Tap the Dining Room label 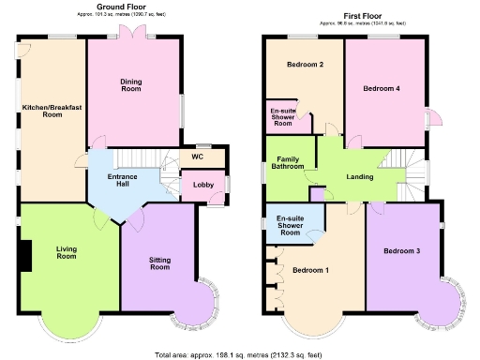(131, 85)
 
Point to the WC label (197, 157)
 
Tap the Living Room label (66, 252)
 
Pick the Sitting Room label (159, 262)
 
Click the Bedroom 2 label (306, 65)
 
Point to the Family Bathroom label (288, 163)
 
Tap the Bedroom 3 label (405, 250)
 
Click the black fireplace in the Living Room (26, 253)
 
